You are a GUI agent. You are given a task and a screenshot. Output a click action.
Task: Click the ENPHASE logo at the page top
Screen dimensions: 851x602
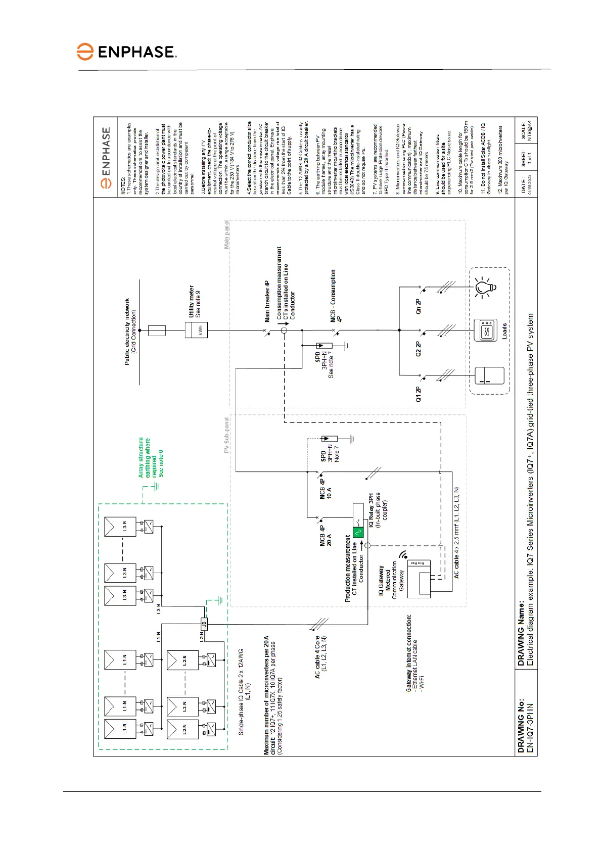(x=127, y=52)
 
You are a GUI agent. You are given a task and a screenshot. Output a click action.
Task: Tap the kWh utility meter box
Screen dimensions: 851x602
(x=197, y=330)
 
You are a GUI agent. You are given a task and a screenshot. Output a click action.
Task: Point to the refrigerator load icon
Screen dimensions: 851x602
(x=489, y=375)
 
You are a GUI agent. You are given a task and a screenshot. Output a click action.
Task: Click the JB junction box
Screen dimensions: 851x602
(x=204, y=624)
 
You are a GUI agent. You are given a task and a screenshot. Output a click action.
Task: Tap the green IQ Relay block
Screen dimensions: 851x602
(x=358, y=532)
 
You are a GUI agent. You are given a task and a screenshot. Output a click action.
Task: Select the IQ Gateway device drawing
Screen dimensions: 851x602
(x=420, y=579)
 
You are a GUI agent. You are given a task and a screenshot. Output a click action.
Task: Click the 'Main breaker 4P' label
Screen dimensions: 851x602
(x=267, y=302)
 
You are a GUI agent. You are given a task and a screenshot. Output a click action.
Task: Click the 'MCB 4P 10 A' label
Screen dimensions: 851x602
(x=326, y=487)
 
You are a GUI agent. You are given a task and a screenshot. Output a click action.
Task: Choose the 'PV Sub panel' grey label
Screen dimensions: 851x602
(x=227, y=435)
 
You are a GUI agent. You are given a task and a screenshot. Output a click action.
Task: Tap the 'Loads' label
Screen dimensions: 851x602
(x=504, y=331)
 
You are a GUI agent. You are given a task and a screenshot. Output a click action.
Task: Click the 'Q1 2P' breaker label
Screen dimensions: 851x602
(x=418, y=394)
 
